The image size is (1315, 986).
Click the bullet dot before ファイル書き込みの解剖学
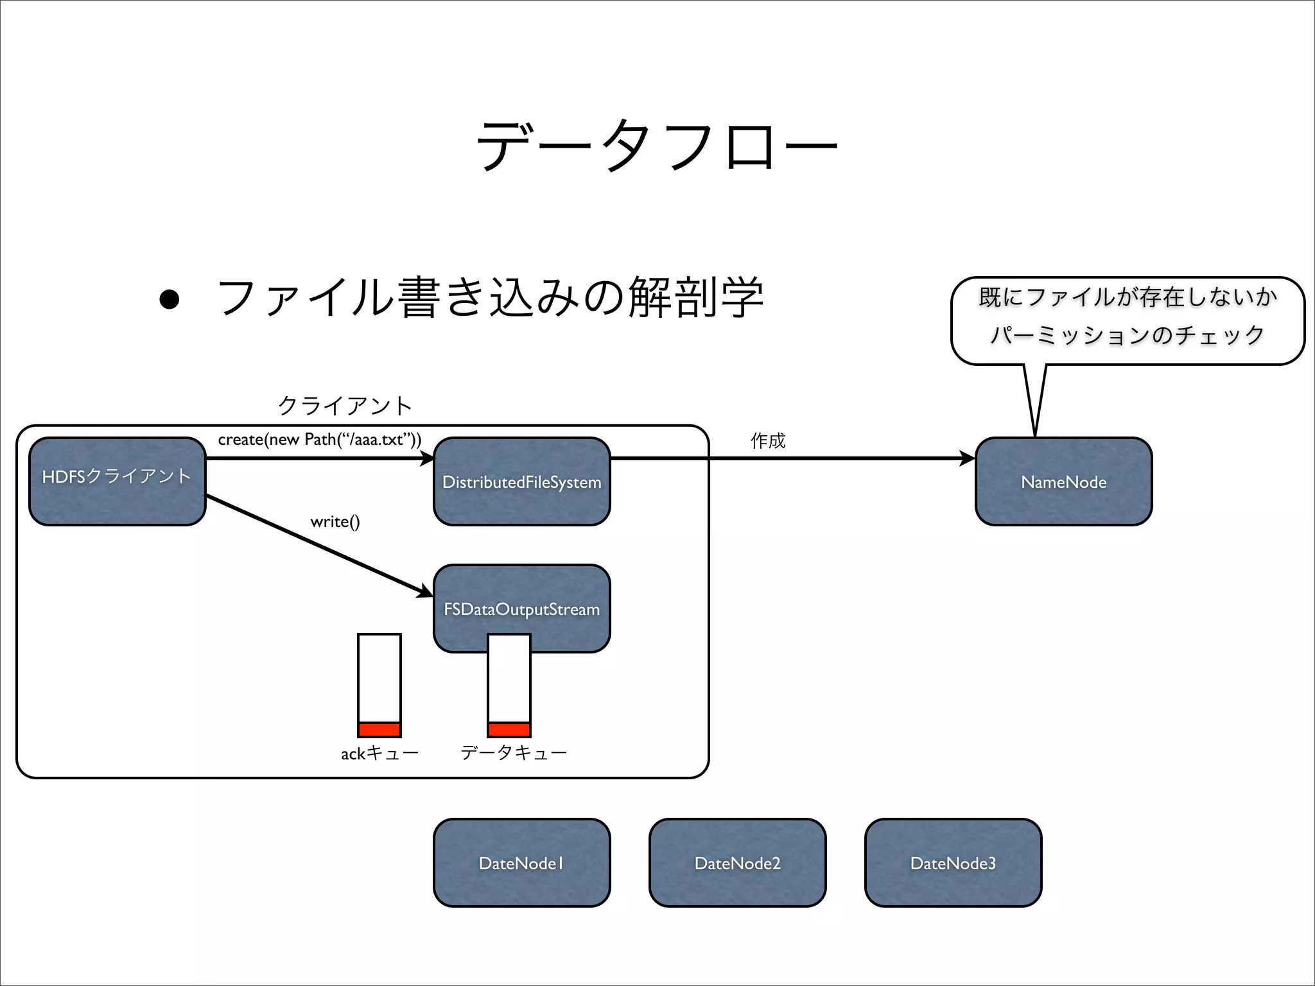170,299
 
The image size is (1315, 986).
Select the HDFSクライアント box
117,481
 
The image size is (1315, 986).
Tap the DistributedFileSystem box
521,482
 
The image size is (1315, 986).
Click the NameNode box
1063,482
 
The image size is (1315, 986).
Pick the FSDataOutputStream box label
521,609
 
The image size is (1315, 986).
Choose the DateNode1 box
521,863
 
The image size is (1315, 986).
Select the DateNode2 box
737,863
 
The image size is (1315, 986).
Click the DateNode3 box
953,863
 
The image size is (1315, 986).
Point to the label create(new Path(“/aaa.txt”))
320,440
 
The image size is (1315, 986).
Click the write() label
335,521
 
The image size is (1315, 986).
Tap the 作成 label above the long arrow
768,440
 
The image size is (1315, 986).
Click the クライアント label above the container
345,405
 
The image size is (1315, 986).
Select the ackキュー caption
379,753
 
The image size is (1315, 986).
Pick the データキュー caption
514,752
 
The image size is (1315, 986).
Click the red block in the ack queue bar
379,730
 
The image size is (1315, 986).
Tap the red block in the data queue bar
509,730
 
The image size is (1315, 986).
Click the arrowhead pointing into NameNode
967,458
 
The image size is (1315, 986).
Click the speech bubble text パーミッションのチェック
1128,335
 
